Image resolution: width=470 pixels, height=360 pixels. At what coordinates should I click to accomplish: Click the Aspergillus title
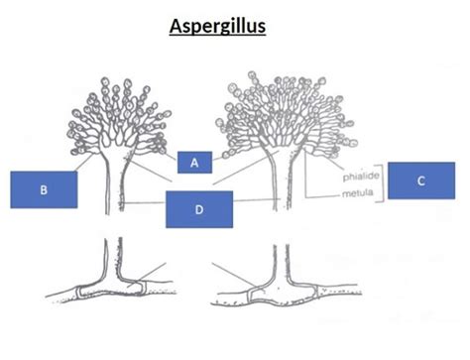[x=217, y=26]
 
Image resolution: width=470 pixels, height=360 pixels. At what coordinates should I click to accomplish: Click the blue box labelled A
[x=194, y=162]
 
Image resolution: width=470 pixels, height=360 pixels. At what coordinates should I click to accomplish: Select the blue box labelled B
[x=44, y=189]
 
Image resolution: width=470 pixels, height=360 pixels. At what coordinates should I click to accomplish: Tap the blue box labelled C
[x=421, y=180]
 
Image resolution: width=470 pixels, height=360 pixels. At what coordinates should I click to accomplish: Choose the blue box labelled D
[x=199, y=209]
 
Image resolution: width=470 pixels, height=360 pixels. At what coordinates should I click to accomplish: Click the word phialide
[x=361, y=177]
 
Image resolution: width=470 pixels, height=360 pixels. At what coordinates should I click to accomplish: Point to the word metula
[x=358, y=192]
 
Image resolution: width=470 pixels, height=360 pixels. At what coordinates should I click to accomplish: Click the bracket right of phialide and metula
[x=383, y=182]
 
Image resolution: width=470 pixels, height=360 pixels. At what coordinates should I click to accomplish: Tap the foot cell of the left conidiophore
[x=112, y=289]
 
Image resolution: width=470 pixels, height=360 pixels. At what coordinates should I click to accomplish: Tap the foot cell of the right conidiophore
[x=282, y=294]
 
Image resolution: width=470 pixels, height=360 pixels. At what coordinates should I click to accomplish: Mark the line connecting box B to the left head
[x=83, y=163]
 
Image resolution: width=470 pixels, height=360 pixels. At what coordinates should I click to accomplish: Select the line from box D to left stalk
[x=144, y=202]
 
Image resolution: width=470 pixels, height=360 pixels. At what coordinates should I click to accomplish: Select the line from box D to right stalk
[x=257, y=200]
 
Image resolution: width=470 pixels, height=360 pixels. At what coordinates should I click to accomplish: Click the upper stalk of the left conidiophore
[x=114, y=186]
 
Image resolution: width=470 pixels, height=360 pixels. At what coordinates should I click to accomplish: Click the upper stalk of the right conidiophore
[x=282, y=185]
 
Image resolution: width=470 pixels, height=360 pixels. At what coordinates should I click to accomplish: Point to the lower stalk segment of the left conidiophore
[x=112, y=258]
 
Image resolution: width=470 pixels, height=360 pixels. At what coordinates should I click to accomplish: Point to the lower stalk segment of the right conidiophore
[x=282, y=263]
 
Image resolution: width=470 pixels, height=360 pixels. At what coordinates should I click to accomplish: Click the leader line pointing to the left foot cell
[x=148, y=274]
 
